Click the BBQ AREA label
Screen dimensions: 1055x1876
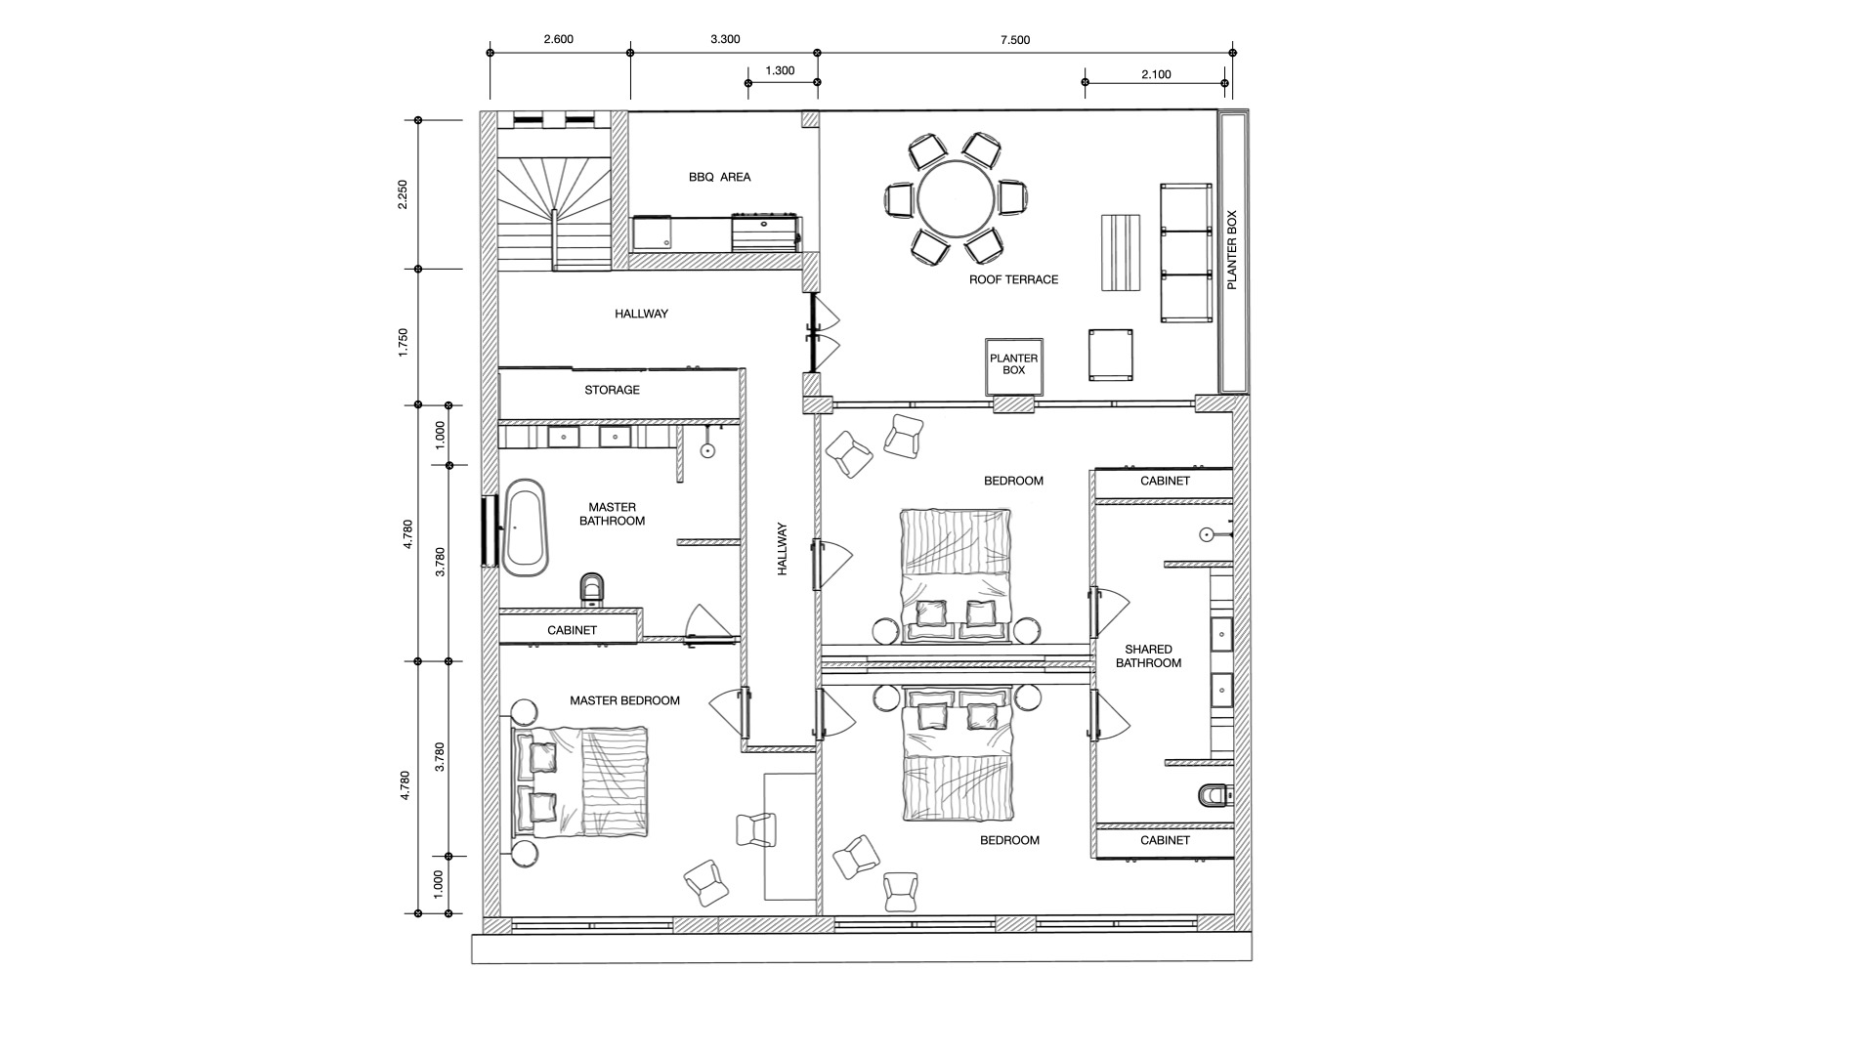pos(719,177)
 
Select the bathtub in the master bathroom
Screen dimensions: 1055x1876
pos(526,527)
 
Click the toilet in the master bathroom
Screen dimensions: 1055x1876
pos(592,588)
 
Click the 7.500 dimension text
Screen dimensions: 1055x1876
pos(1015,40)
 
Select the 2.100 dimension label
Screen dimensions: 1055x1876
pos(1156,74)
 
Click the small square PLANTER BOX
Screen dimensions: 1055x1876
pos(1013,365)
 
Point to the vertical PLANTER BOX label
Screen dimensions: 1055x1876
pos(1231,250)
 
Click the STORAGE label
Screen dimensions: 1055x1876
pos(612,390)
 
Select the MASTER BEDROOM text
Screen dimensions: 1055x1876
pos(624,700)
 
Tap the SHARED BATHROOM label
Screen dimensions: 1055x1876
pos(1148,656)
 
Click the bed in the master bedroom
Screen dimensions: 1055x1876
pos(580,781)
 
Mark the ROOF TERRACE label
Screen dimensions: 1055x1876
pos(1013,279)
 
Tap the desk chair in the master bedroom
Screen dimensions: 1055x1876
pos(755,829)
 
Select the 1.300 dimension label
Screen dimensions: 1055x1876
pos(779,70)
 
